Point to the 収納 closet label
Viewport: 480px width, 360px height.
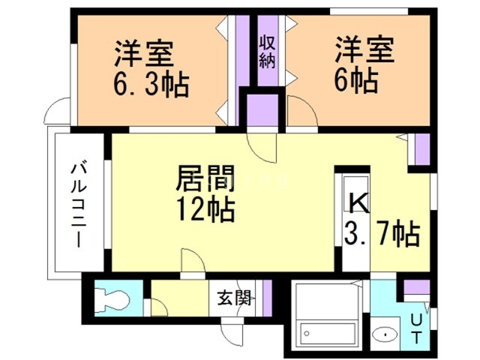click(267, 52)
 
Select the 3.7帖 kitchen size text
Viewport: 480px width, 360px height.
click(381, 235)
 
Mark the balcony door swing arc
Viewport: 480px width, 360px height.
click(55, 112)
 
